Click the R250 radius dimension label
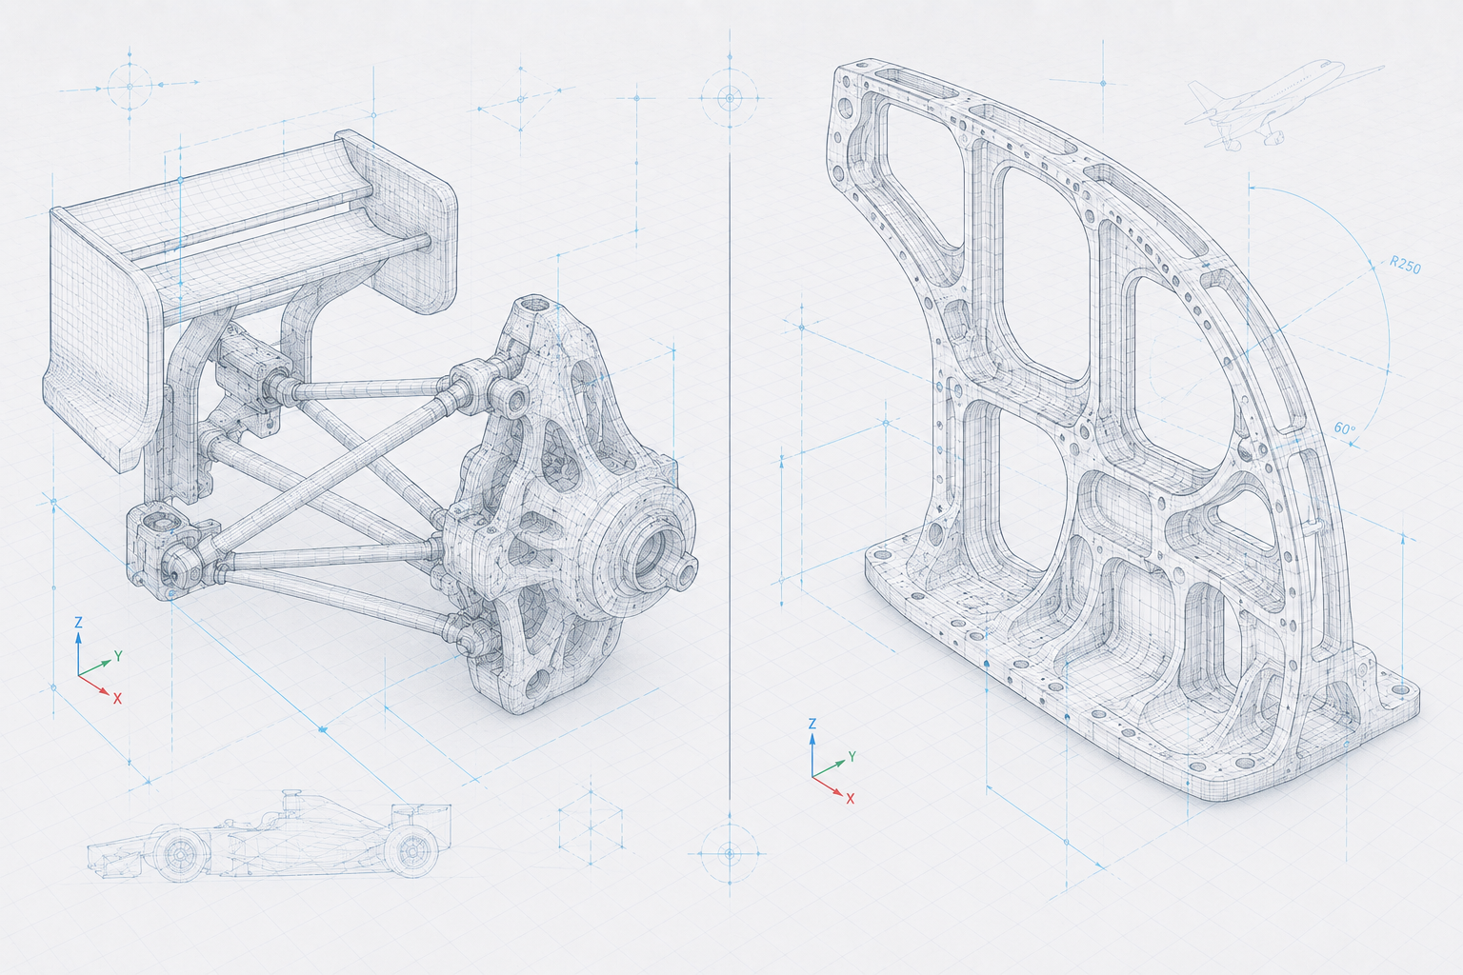pyautogui.click(x=1405, y=265)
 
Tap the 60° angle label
pyautogui.click(x=1345, y=428)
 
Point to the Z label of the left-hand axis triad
pyautogui.click(x=78, y=623)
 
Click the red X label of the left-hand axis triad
pyautogui.click(x=117, y=699)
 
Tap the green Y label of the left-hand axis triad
pyautogui.click(x=118, y=656)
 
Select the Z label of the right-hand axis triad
pyautogui.click(x=812, y=724)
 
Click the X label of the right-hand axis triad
pyautogui.click(x=851, y=798)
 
